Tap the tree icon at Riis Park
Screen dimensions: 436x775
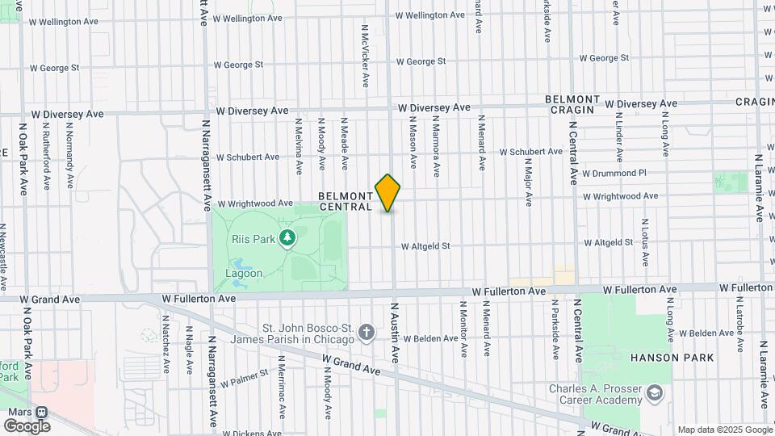[x=285, y=237]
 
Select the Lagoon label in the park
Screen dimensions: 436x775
[x=244, y=273]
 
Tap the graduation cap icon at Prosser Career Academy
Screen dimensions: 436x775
[x=656, y=393]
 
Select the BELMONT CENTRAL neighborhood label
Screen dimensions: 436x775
[x=346, y=201]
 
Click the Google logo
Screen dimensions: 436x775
[x=27, y=426]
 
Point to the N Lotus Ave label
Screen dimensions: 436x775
[x=645, y=241]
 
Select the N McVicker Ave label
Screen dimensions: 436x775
[x=365, y=54]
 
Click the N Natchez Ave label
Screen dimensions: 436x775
[x=165, y=343]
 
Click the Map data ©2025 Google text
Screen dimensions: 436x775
[x=724, y=430]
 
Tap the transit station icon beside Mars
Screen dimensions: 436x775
[x=40, y=411]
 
